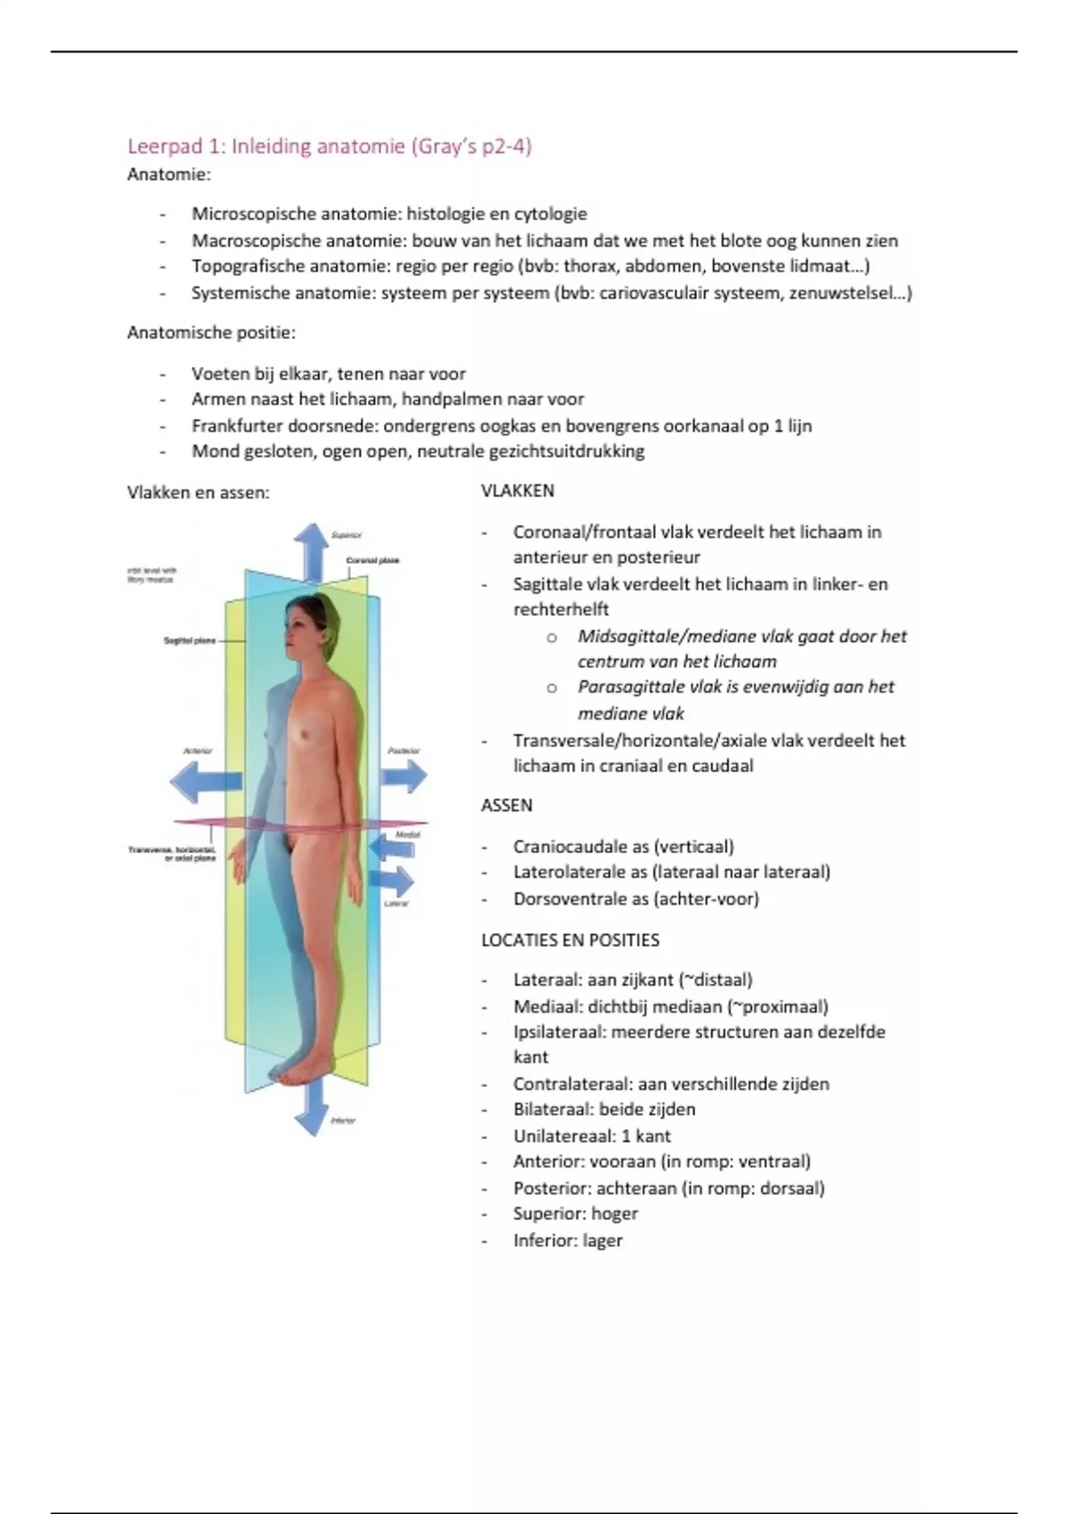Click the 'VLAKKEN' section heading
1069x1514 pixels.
click(x=518, y=491)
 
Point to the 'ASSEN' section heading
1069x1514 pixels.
click(x=507, y=805)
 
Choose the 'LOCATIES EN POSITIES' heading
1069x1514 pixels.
click(x=570, y=940)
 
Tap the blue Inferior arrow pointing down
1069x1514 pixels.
click(x=311, y=1109)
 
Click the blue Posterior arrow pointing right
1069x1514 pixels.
click(x=405, y=777)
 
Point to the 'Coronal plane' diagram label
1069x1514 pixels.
click(x=372, y=560)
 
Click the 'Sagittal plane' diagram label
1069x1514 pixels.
click(x=189, y=640)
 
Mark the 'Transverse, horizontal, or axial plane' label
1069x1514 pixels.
click(x=172, y=854)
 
